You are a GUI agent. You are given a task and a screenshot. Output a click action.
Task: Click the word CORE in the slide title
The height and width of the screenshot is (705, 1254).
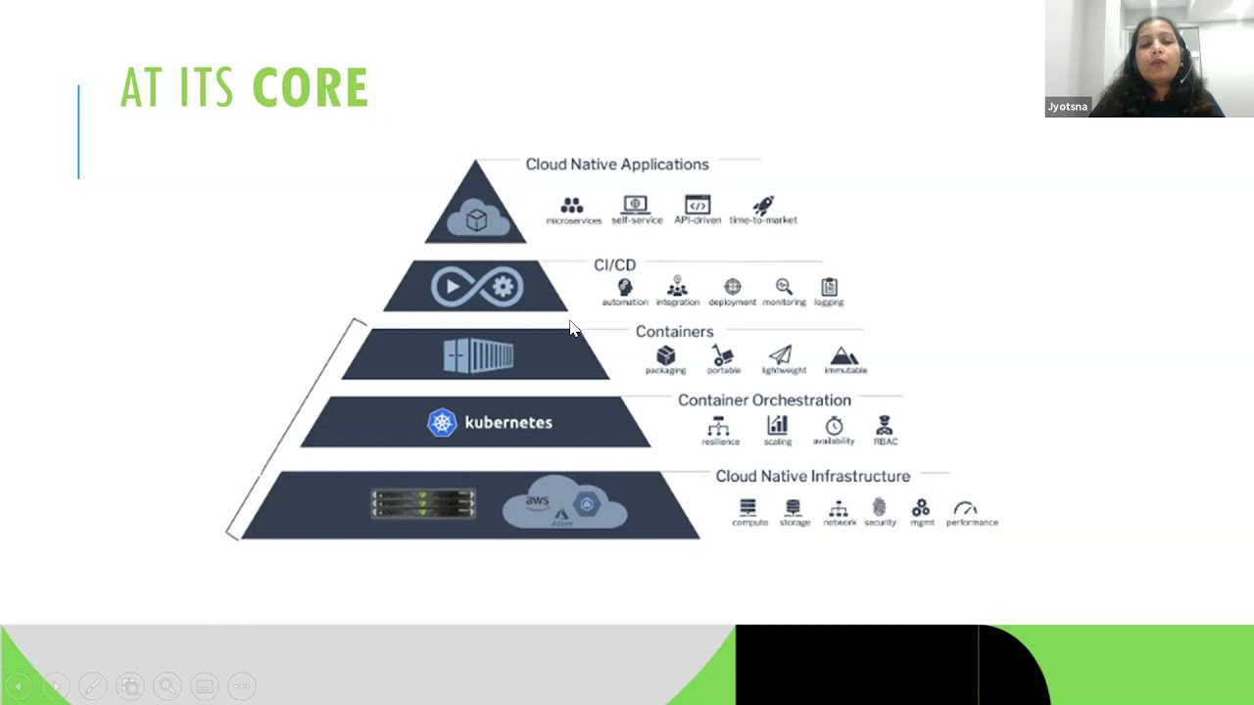(310, 88)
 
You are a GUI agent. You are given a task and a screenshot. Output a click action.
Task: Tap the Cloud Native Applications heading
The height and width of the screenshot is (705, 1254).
(616, 164)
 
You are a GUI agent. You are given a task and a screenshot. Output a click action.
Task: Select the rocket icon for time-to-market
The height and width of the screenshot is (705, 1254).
(763, 206)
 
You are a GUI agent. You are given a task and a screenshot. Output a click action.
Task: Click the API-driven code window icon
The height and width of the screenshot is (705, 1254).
(698, 205)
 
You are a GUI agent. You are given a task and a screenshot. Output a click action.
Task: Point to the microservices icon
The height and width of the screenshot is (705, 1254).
(572, 206)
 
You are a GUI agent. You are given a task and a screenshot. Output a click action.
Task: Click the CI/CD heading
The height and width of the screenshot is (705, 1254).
(614, 265)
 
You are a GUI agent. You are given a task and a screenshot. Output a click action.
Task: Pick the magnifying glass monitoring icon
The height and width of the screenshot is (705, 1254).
(784, 287)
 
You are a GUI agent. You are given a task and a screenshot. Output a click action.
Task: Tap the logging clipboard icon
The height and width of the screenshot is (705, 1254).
(829, 287)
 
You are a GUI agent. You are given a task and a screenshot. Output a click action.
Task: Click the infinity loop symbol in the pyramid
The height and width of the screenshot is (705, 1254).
(477, 287)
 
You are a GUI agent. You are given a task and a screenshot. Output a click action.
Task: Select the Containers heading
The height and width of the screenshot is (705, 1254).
(674, 332)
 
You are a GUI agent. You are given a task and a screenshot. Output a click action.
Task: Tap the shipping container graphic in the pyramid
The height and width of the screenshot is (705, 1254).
(478, 355)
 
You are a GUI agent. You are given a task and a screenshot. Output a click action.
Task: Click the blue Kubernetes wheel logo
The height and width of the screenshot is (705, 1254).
(442, 423)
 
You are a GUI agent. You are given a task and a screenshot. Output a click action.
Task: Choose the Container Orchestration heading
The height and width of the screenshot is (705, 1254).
(764, 400)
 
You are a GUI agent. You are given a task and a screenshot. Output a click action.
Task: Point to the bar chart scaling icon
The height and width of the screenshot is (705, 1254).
(777, 426)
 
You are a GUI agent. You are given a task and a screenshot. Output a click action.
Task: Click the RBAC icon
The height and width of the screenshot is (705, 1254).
(885, 426)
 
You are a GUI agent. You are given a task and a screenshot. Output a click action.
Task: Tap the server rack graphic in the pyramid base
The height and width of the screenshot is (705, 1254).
(423, 503)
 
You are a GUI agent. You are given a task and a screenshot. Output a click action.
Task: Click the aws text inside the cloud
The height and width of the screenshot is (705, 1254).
(537, 501)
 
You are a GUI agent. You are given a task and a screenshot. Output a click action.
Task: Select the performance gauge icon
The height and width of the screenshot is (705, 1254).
(965, 508)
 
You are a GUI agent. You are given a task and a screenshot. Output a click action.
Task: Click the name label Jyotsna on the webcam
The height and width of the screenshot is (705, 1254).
(1067, 107)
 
